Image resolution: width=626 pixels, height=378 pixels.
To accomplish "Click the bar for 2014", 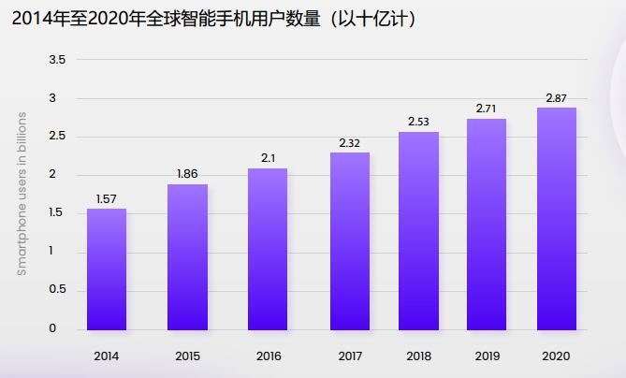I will [107, 269].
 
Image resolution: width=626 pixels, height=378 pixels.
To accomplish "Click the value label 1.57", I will [107, 198].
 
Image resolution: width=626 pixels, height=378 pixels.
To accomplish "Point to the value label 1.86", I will [187, 174].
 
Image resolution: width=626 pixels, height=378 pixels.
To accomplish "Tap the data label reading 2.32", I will [349, 142].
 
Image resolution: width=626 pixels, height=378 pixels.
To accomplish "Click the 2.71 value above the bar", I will [486, 109].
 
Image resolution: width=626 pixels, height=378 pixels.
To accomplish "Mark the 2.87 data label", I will [557, 97].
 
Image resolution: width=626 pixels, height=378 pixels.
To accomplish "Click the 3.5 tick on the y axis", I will [57, 60].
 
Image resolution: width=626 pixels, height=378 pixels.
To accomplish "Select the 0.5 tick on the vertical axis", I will [57, 290].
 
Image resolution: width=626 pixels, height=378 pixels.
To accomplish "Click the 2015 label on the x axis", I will [187, 356].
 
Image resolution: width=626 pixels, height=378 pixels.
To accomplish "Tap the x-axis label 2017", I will [349, 356].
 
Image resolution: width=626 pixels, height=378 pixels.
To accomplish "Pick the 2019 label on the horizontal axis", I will [486, 356].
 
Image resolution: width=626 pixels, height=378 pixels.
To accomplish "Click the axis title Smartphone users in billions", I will [22, 194].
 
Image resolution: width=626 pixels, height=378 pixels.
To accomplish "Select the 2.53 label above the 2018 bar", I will [418, 122].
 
